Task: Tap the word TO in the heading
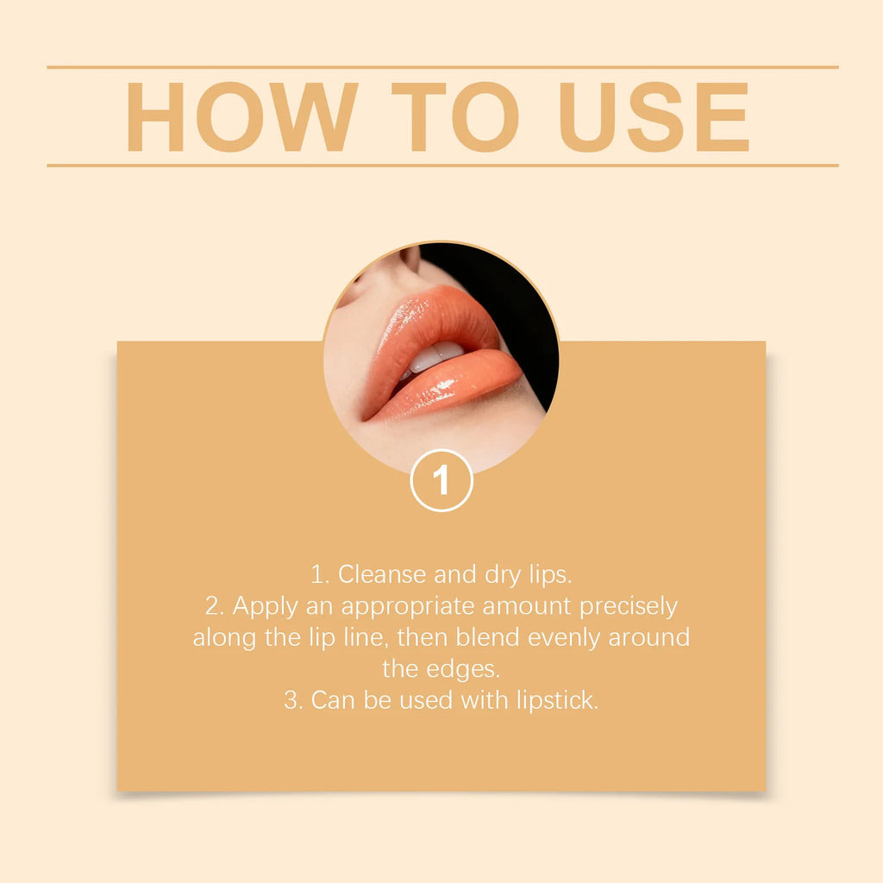click(x=455, y=117)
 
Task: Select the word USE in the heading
click(x=654, y=117)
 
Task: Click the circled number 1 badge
click(x=441, y=480)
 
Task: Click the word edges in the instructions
click(x=471, y=669)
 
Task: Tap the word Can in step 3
click(x=332, y=699)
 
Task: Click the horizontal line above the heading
click(x=441, y=66)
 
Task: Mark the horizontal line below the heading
click(x=441, y=165)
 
